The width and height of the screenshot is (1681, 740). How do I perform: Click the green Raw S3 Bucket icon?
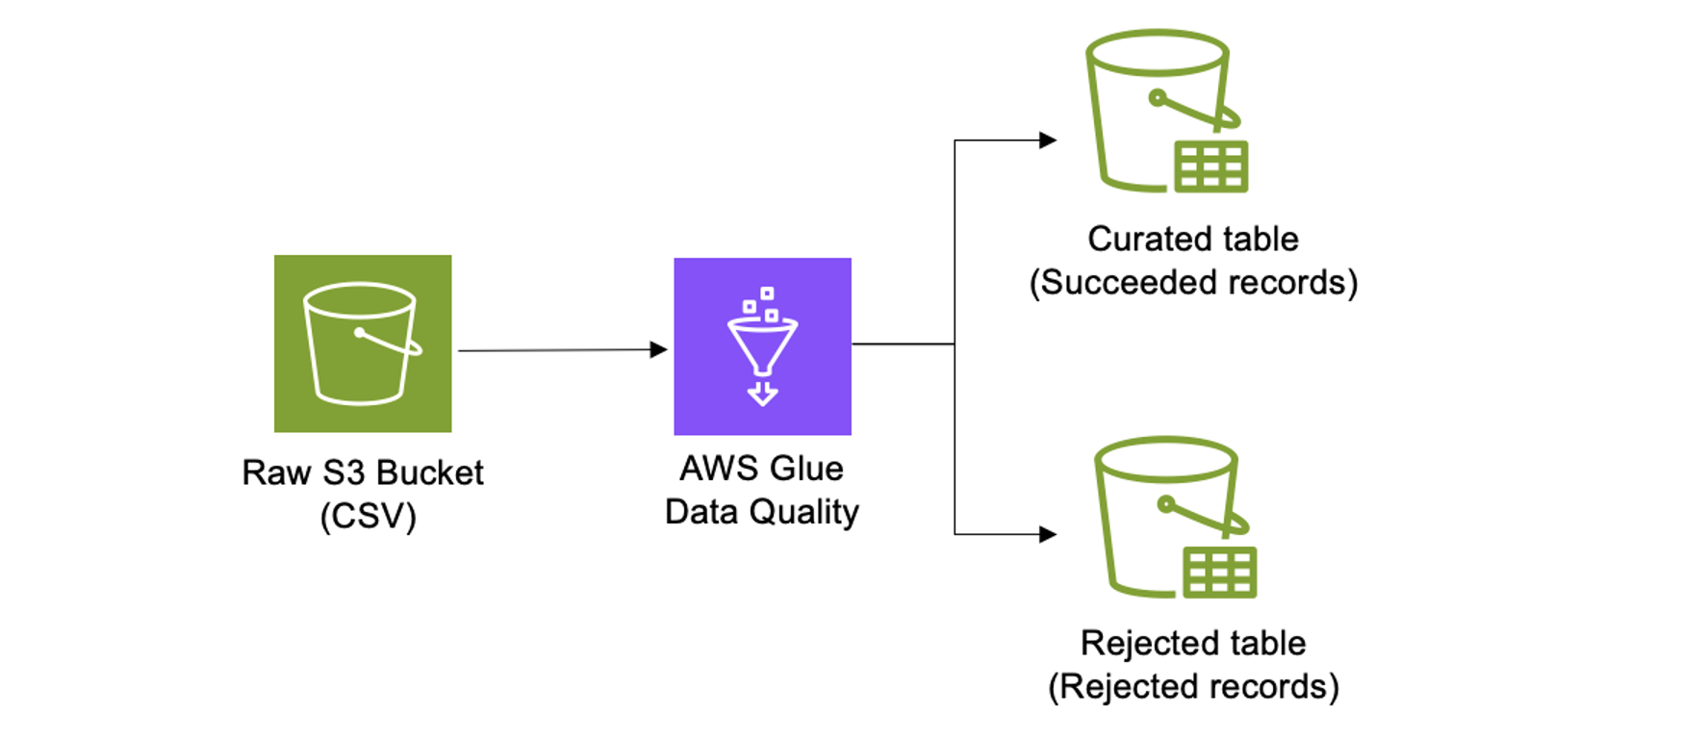tap(362, 344)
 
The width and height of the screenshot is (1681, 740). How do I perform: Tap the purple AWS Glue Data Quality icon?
tap(762, 345)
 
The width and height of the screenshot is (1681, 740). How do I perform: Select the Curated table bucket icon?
tap(1164, 111)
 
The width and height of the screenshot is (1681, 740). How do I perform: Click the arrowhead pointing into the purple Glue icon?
tap(659, 349)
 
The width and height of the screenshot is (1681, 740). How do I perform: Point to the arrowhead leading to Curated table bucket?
tap(1048, 140)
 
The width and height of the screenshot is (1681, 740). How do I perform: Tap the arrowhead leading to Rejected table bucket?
tap(1048, 534)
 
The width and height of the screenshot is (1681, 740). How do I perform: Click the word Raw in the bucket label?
tap(276, 473)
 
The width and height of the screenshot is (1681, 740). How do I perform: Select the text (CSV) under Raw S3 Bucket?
tap(368, 517)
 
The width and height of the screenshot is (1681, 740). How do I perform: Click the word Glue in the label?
tap(806, 469)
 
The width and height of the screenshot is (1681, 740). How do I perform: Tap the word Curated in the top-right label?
tap(1143, 239)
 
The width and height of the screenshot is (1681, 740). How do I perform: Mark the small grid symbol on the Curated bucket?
tap(1211, 166)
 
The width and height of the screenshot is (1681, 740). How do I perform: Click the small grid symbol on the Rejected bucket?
tap(1219, 573)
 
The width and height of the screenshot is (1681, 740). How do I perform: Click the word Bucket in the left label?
tap(429, 473)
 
